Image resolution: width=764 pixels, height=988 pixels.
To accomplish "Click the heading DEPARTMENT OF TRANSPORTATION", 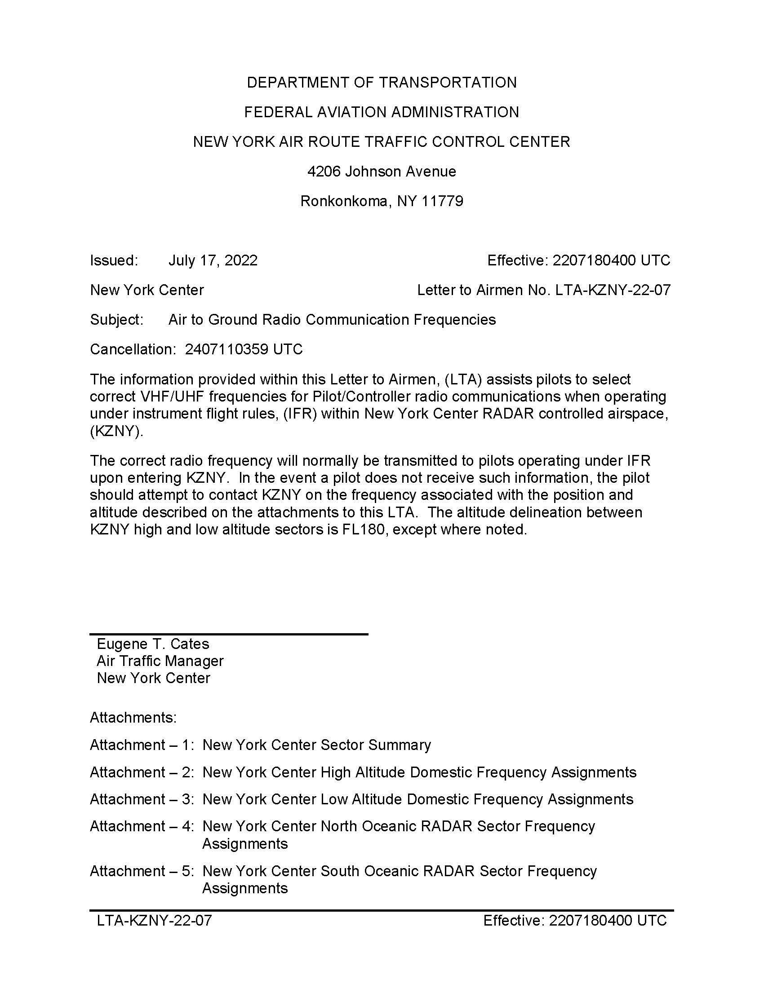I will click(382, 83).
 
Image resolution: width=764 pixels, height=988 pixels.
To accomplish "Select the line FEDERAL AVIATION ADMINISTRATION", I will click(382, 112).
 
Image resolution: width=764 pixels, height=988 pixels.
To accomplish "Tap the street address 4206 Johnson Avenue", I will click(382, 172).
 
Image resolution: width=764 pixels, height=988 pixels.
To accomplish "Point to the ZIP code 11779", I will click(442, 201).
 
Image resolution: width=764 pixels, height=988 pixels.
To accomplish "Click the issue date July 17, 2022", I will click(213, 260).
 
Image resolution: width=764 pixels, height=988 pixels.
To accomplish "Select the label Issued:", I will click(114, 260).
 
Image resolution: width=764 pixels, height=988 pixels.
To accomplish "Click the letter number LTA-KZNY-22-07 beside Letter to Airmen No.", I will click(613, 290).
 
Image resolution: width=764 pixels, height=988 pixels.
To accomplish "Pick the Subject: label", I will click(117, 320).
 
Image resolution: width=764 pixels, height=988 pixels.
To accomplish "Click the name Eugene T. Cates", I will click(153, 644).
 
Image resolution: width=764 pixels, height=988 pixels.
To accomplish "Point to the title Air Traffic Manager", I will click(160, 661).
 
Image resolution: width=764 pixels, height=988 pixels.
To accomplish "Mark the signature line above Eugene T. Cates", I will click(229, 634).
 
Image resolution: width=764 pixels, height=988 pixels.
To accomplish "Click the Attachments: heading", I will click(133, 718).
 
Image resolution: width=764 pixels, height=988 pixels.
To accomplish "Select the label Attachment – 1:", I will click(142, 745).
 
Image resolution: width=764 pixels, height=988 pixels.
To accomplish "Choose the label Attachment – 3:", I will click(142, 799).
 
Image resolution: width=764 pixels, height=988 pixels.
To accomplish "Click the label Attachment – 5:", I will click(142, 871).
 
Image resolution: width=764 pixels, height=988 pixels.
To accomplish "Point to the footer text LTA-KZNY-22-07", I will click(154, 921).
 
